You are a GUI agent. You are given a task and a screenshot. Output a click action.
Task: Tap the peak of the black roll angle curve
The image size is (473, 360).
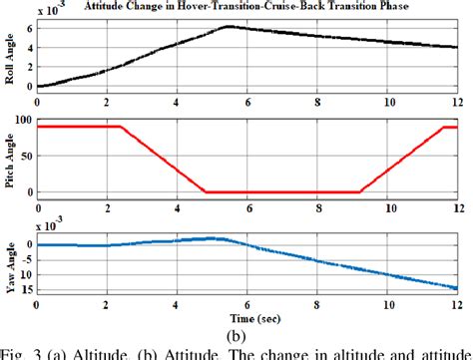[x=229, y=27]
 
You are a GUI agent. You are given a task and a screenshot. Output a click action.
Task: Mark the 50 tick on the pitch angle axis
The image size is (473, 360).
[x=25, y=157]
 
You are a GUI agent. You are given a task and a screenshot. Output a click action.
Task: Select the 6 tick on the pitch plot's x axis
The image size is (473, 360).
[x=247, y=205]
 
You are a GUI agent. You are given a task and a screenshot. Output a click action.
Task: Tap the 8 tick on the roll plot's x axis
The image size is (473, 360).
[x=317, y=101]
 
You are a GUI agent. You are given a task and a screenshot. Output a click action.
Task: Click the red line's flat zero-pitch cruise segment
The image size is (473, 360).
[x=282, y=191]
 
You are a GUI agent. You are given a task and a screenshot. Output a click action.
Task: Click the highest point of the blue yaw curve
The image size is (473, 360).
[x=212, y=238]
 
